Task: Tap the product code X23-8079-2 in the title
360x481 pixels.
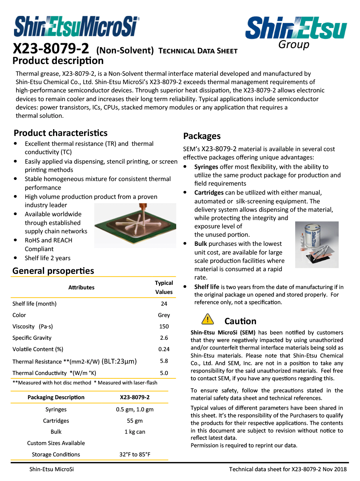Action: point(51,49)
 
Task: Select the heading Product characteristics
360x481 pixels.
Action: point(61,133)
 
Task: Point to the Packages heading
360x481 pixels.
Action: point(202,136)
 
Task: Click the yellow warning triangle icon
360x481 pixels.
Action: point(208,319)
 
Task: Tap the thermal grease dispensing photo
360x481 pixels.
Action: point(135,225)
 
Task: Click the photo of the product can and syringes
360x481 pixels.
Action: point(316,245)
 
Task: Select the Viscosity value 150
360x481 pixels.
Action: point(164,326)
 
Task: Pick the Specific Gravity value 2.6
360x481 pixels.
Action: point(164,338)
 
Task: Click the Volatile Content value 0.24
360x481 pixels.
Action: point(164,349)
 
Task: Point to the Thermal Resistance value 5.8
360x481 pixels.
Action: point(164,361)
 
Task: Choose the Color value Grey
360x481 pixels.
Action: point(164,315)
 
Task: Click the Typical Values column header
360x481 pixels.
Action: point(164,287)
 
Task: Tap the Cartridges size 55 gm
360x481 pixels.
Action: point(135,421)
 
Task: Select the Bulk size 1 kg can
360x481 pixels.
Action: point(135,432)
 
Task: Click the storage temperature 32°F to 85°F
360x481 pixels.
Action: point(135,454)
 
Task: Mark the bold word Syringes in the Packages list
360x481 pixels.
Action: point(206,167)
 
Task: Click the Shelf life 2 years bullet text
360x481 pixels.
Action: point(48,258)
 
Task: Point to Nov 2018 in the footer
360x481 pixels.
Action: point(335,470)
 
